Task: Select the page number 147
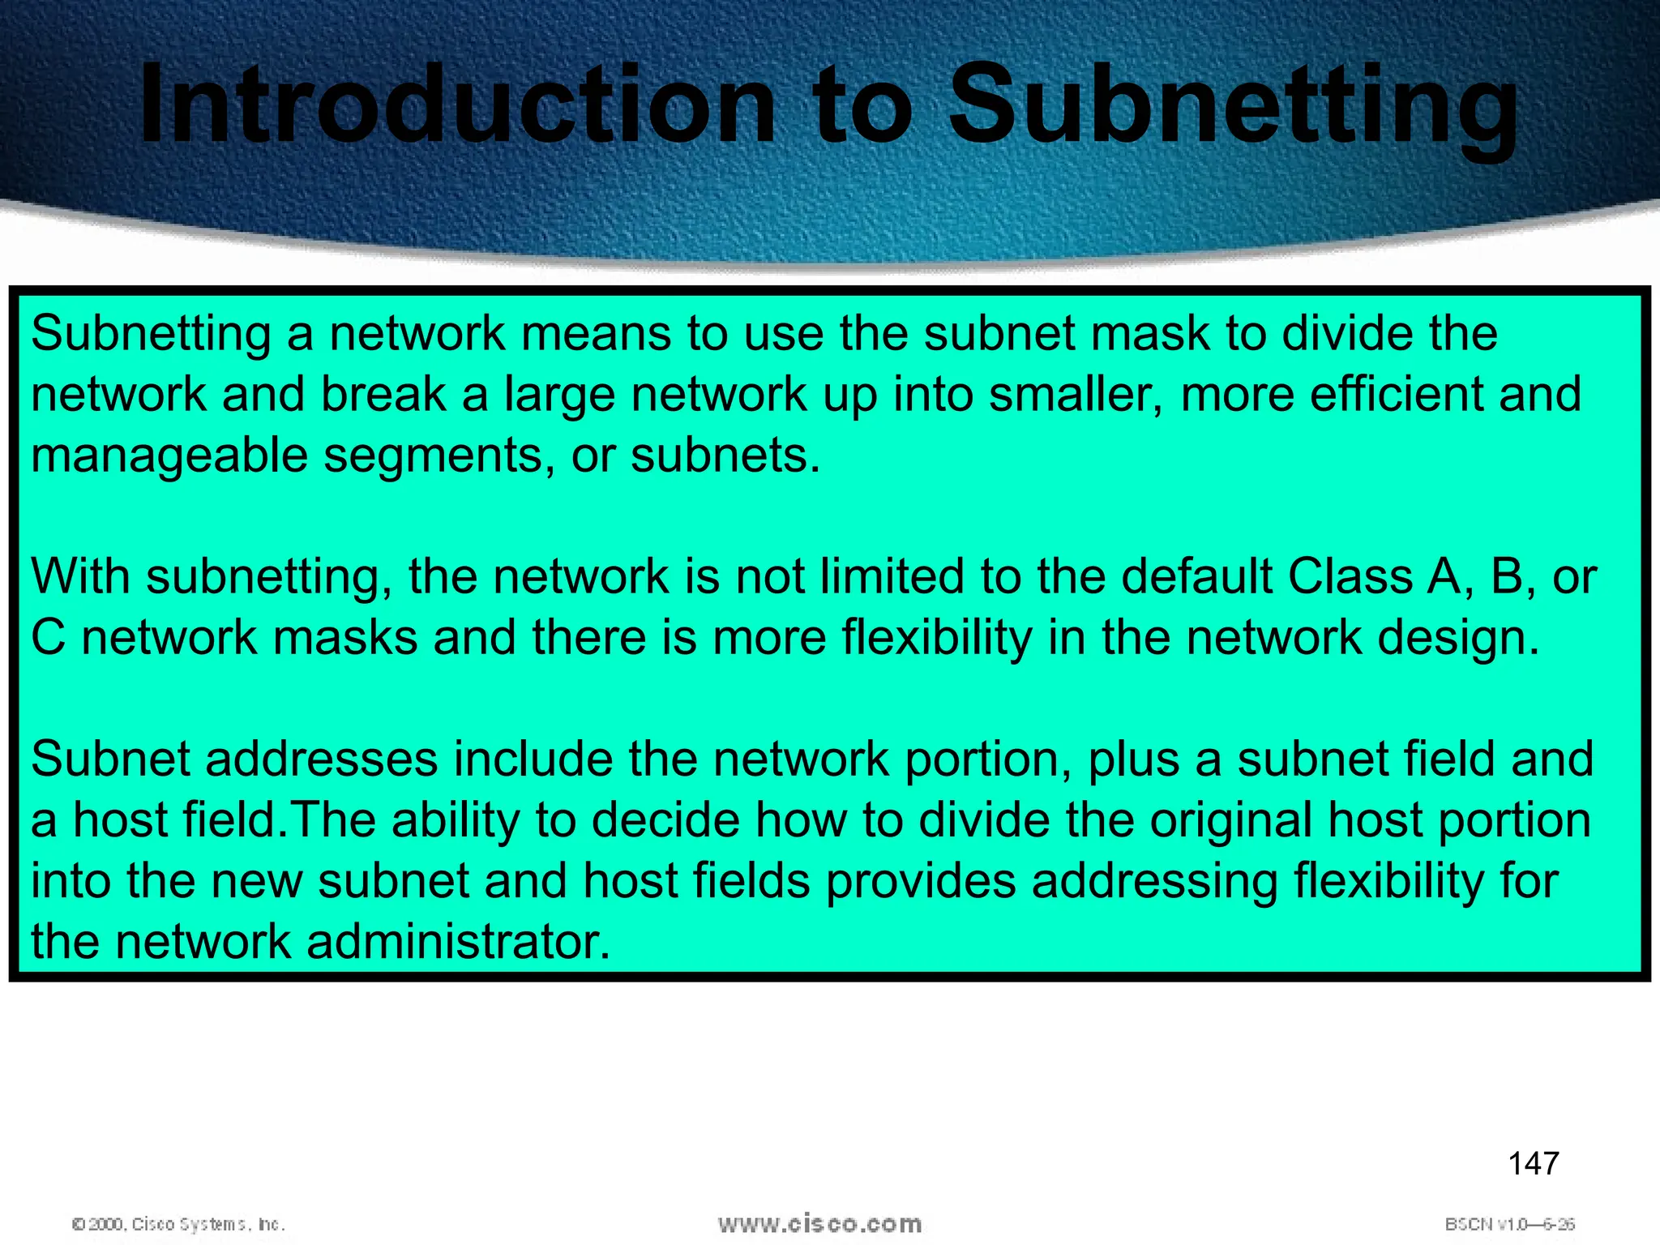coord(1534,1164)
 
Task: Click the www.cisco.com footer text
coord(819,1223)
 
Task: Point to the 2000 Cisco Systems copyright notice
coord(178,1224)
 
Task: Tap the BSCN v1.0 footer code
coord(1509,1224)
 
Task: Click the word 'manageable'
coord(169,456)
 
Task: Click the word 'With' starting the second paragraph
coord(80,576)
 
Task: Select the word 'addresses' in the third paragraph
coord(320,759)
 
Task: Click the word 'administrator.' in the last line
coord(458,941)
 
